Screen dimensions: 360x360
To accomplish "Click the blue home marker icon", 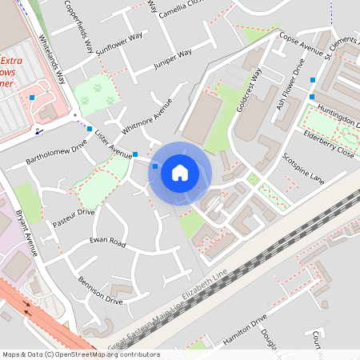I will pyautogui.click(x=180, y=172).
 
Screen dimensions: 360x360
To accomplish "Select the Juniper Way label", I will pyautogui.click(x=172, y=58).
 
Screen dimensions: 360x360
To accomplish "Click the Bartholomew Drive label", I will pyautogui.click(x=56, y=150).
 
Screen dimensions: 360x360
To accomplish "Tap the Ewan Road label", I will pyautogui.click(x=108, y=242).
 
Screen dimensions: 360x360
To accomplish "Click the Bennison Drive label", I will pyautogui.click(x=101, y=291).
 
